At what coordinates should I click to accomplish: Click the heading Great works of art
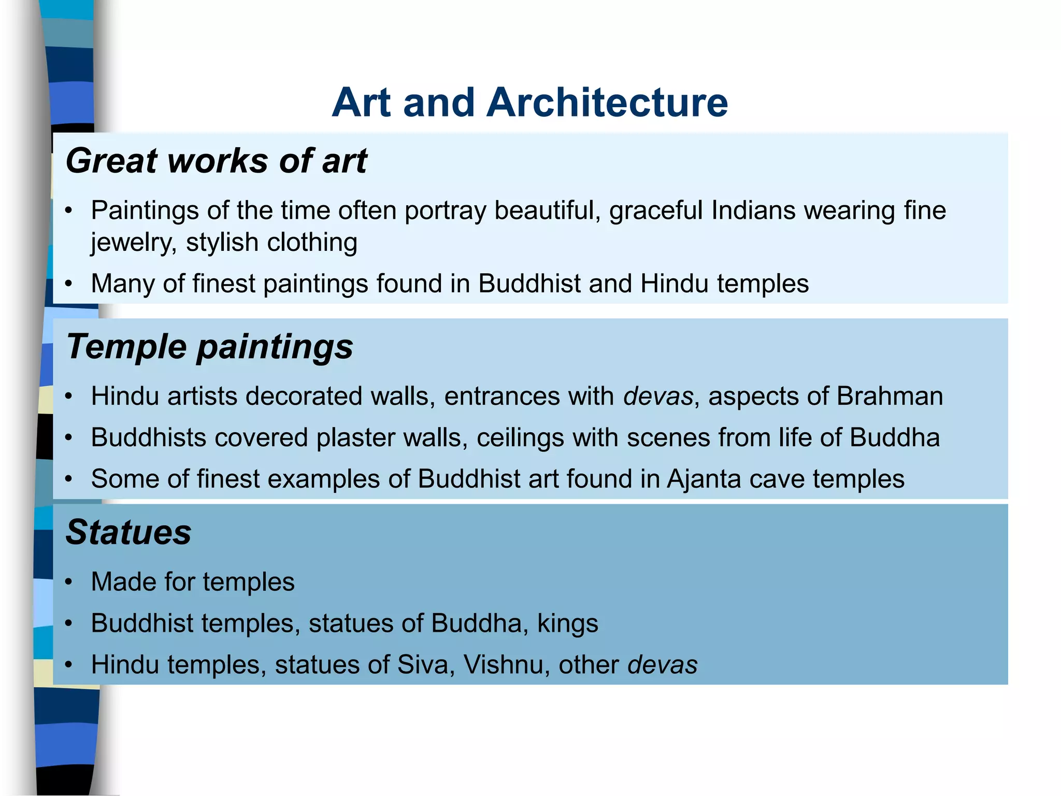[x=216, y=161]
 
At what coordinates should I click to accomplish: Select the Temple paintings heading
[x=209, y=346]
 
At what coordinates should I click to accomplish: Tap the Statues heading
[x=128, y=532]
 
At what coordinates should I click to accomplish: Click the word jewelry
[x=131, y=243]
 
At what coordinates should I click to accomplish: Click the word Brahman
[x=890, y=396]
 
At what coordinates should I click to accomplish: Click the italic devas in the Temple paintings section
[x=658, y=396]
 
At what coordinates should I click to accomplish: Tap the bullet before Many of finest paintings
[x=69, y=284]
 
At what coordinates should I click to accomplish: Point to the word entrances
[x=503, y=396]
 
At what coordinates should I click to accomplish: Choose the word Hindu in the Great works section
[x=674, y=284]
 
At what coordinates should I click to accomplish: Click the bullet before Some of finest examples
[x=69, y=479]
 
